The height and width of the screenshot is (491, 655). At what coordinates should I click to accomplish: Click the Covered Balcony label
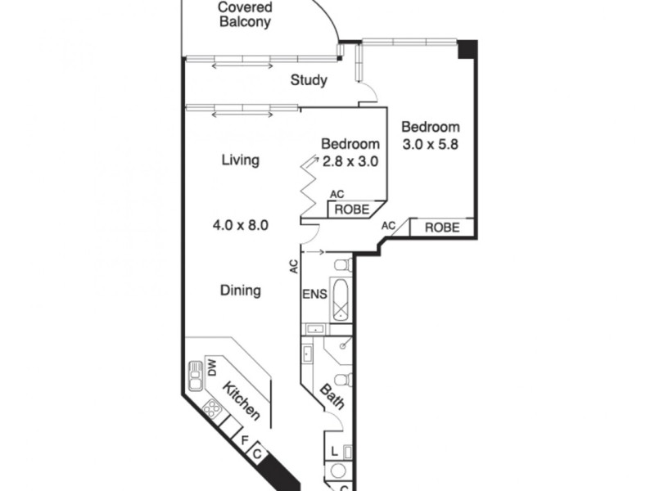pyautogui.click(x=245, y=15)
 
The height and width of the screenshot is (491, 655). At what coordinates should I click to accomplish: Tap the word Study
pyautogui.click(x=309, y=80)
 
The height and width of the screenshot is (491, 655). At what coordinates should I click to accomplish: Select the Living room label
pyautogui.click(x=241, y=160)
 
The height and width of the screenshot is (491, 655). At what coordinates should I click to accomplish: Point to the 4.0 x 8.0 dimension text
pyautogui.click(x=241, y=223)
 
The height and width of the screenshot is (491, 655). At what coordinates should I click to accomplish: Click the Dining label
pyautogui.click(x=241, y=290)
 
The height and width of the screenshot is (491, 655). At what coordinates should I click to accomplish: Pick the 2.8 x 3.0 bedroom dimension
pyautogui.click(x=349, y=161)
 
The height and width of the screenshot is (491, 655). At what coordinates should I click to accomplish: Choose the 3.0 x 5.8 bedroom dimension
pyautogui.click(x=430, y=145)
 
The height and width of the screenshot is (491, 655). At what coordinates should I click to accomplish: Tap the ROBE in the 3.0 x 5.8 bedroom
pyautogui.click(x=441, y=227)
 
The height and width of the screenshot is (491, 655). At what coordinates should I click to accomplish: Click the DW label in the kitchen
pyautogui.click(x=210, y=368)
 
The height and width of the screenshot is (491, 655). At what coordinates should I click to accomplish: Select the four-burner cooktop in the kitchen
pyautogui.click(x=213, y=408)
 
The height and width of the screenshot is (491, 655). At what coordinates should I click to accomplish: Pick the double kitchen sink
pyautogui.click(x=196, y=377)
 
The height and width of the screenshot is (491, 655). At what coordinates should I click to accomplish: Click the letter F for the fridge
pyautogui.click(x=243, y=439)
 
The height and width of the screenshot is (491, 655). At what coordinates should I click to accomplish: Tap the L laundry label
pyautogui.click(x=336, y=451)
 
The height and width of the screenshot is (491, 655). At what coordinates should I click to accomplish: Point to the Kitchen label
pyautogui.click(x=242, y=401)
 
